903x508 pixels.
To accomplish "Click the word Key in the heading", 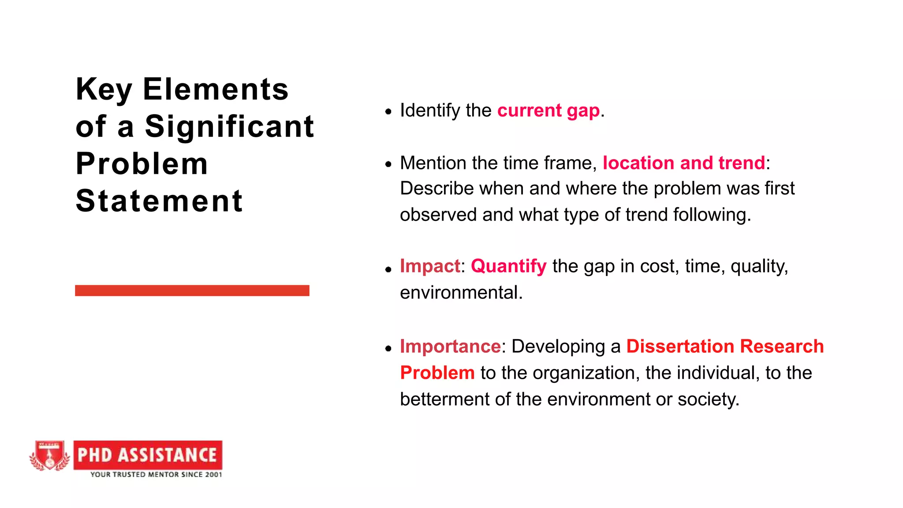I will pos(104,90).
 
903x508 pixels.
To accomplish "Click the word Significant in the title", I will pos(229,127).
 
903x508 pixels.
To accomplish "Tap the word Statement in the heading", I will pos(159,202).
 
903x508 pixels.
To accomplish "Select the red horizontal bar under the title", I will pos(192,291).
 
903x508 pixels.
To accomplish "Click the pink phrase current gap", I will pos(549,111).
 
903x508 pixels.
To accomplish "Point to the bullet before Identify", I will pos(388,112).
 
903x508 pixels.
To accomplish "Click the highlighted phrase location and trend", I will pos(683,163).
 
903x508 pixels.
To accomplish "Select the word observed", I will pos(438,215).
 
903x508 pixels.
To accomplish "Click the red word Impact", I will pos(430,266).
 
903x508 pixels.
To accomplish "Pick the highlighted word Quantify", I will pos(508,266).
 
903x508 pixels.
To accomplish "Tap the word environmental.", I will pos(461,293).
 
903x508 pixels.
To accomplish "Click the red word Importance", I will pos(450,347).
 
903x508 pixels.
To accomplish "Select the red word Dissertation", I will pos(680,347).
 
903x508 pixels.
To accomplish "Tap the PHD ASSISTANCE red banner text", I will pos(147,455).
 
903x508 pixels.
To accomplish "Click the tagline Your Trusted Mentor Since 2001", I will pos(156,475).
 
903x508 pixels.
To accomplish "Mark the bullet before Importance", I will pos(388,349).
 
